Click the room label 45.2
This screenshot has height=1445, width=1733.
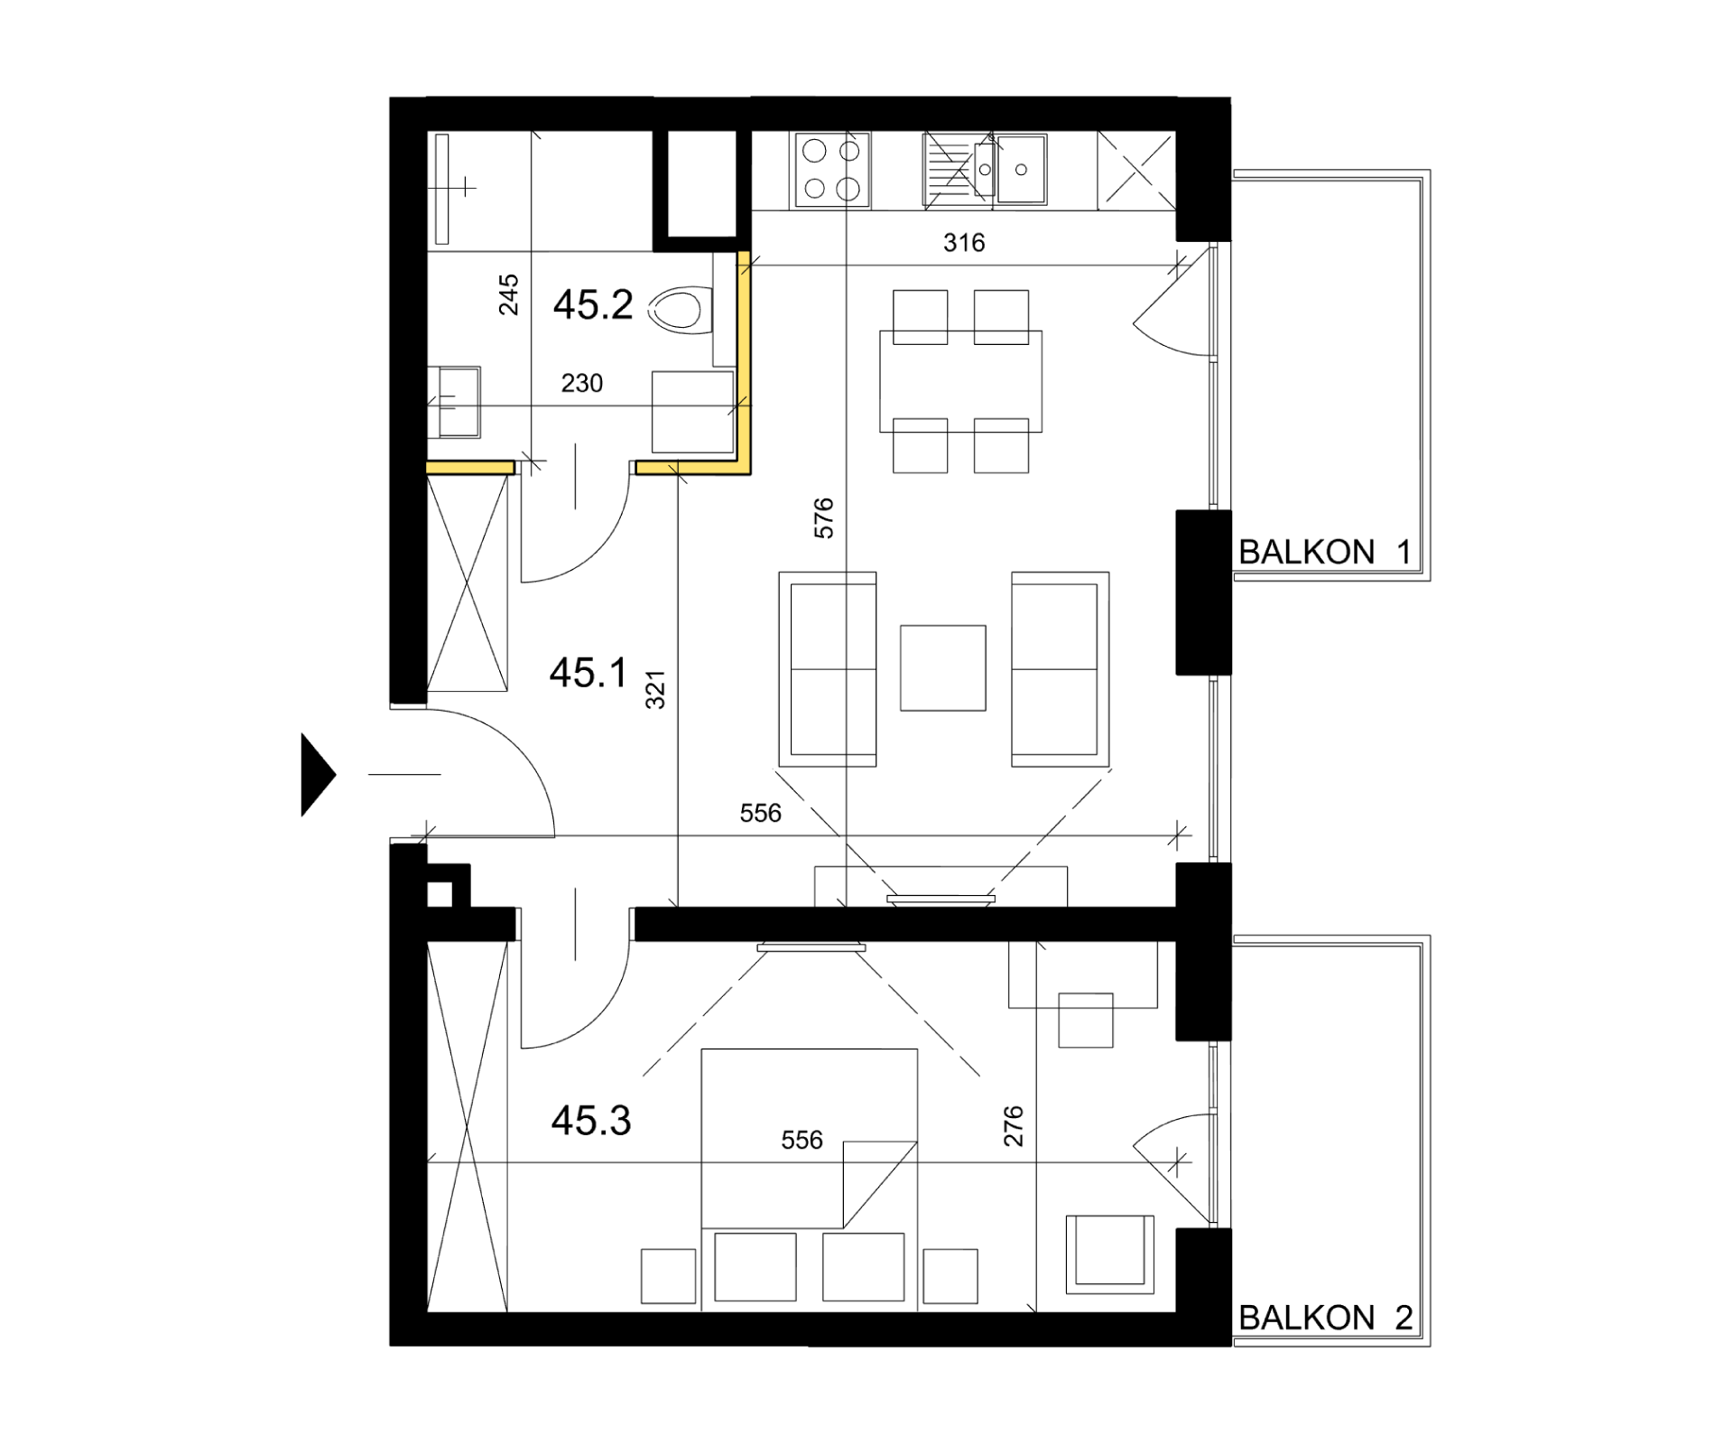593,305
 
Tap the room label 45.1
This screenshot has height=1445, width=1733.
588,673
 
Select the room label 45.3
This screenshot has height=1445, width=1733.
591,1121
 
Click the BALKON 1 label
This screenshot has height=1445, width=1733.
1324,552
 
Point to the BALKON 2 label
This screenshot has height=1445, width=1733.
1325,1318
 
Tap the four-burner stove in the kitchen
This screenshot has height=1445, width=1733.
831,169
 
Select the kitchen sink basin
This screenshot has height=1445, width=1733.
1021,169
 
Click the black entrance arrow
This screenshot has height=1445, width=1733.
318,774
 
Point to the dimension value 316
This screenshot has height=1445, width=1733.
964,242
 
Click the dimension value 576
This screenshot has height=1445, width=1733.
823,518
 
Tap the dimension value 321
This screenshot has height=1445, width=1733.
655,689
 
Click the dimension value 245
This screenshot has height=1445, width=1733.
509,294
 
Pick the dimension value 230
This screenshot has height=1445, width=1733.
582,384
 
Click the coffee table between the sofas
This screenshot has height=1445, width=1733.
942,667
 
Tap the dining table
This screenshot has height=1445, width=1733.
960,381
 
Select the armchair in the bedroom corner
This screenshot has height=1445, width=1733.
1109,1254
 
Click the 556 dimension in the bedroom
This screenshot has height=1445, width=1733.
802,1141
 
